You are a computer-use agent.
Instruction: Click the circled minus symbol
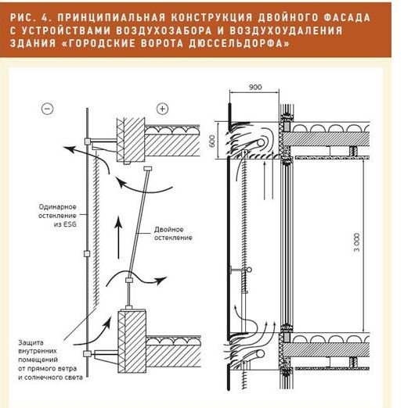[x=48, y=109]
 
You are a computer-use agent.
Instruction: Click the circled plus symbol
[x=162, y=109]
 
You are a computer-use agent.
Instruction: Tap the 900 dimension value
[x=254, y=87]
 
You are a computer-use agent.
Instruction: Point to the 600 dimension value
[x=212, y=141]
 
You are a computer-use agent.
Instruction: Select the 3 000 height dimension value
[x=356, y=242]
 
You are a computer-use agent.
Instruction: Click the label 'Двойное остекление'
[x=173, y=234]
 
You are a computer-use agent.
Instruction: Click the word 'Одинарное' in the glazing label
[x=57, y=207]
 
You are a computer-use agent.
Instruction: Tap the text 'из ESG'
[x=65, y=224]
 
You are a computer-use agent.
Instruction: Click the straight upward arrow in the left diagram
[x=118, y=238]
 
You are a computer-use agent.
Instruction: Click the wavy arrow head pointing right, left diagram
[x=161, y=281]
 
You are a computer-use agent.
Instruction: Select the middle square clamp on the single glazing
[x=87, y=253]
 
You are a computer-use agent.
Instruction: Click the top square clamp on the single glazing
[x=88, y=141]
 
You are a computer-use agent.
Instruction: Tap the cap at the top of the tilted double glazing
[x=148, y=168]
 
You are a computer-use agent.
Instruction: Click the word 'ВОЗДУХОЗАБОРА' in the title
[x=164, y=30]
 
